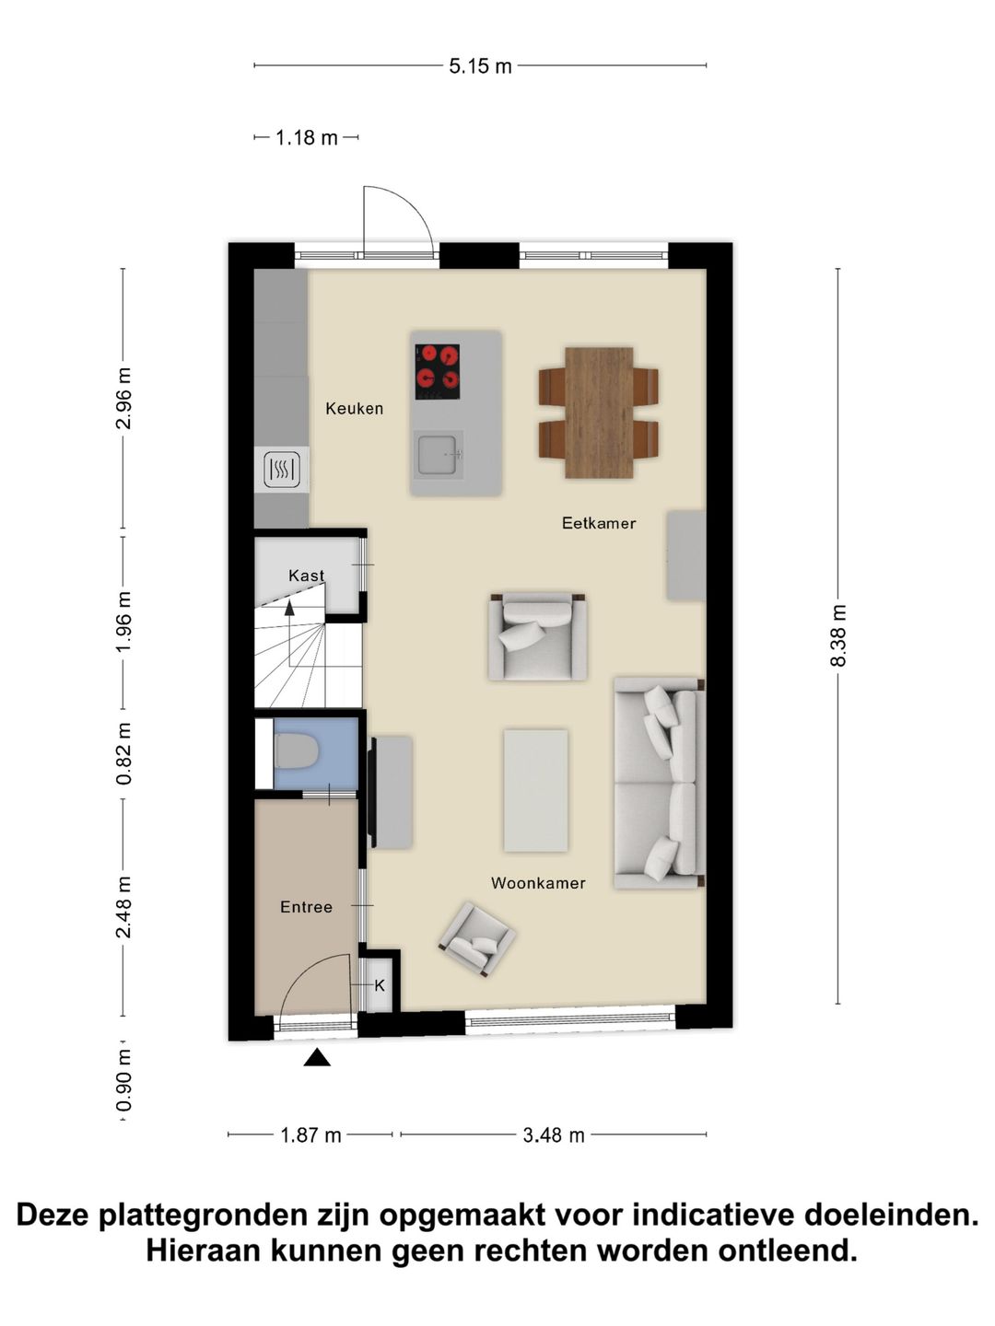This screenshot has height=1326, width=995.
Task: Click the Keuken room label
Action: click(x=354, y=408)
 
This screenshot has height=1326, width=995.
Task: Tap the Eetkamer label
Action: click(x=599, y=523)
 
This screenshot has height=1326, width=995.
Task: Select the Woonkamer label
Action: click(x=538, y=883)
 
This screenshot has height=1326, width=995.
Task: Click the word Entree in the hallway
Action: click(x=306, y=907)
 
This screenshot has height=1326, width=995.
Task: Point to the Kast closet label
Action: click(x=306, y=576)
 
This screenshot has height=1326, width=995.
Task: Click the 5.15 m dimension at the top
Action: click(x=480, y=66)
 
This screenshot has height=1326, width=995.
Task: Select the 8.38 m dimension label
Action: click(x=838, y=635)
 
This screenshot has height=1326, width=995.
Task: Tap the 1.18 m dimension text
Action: click(x=307, y=138)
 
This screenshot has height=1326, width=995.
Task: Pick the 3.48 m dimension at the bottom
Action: click(x=554, y=1135)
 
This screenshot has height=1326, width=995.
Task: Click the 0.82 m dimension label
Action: click(x=123, y=753)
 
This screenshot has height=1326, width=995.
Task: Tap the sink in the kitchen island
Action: click(x=438, y=454)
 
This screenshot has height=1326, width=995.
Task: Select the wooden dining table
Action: click(x=599, y=413)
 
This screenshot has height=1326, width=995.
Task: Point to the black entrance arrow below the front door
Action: click(x=317, y=1058)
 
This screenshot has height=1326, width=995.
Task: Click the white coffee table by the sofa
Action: click(x=535, y=790)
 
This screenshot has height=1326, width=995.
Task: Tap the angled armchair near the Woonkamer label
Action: click(x=477, y=938)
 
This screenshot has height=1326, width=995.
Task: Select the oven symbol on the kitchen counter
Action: click(x=281, y=471)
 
